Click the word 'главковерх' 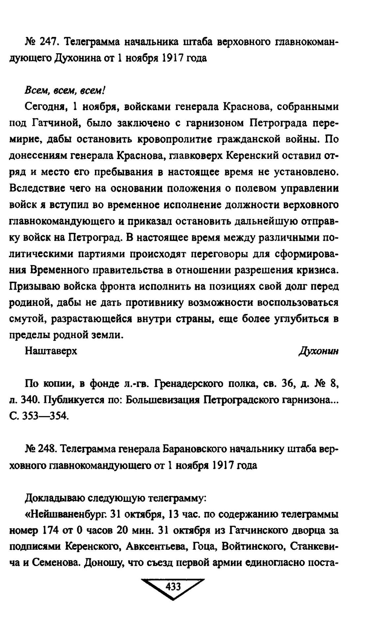pyautogui.click(x=196, y=156)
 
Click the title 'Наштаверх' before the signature pyautogui.click(x=51, y=351)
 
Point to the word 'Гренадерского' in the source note pyautogui.click(x=186, y=384)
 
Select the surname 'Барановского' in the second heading pyautogui.click(x=191, y=449)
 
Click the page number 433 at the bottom pyautogui.click(x=173, y=586)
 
